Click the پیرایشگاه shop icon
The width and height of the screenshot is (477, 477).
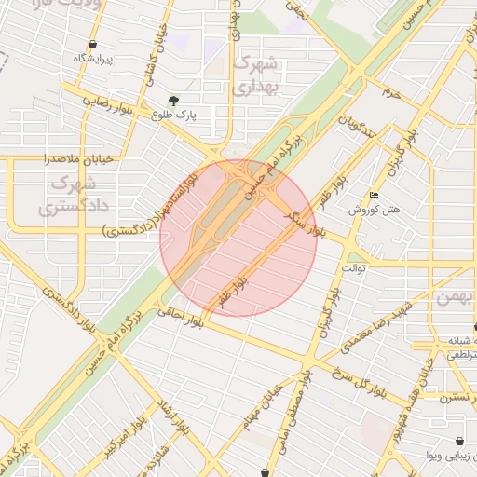click(x=92, y=45)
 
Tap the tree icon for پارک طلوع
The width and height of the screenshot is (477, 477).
click(x=172, y=101)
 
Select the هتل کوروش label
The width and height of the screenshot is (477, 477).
click(x=375, y=210)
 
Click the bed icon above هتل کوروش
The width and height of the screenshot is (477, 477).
click(x=375, y=196)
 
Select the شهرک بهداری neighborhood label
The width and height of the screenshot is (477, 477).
click(x=255, y=75)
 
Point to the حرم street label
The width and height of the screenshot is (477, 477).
click(x=390, y=93)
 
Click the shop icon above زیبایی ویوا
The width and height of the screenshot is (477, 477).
click(x=459, y=442)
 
